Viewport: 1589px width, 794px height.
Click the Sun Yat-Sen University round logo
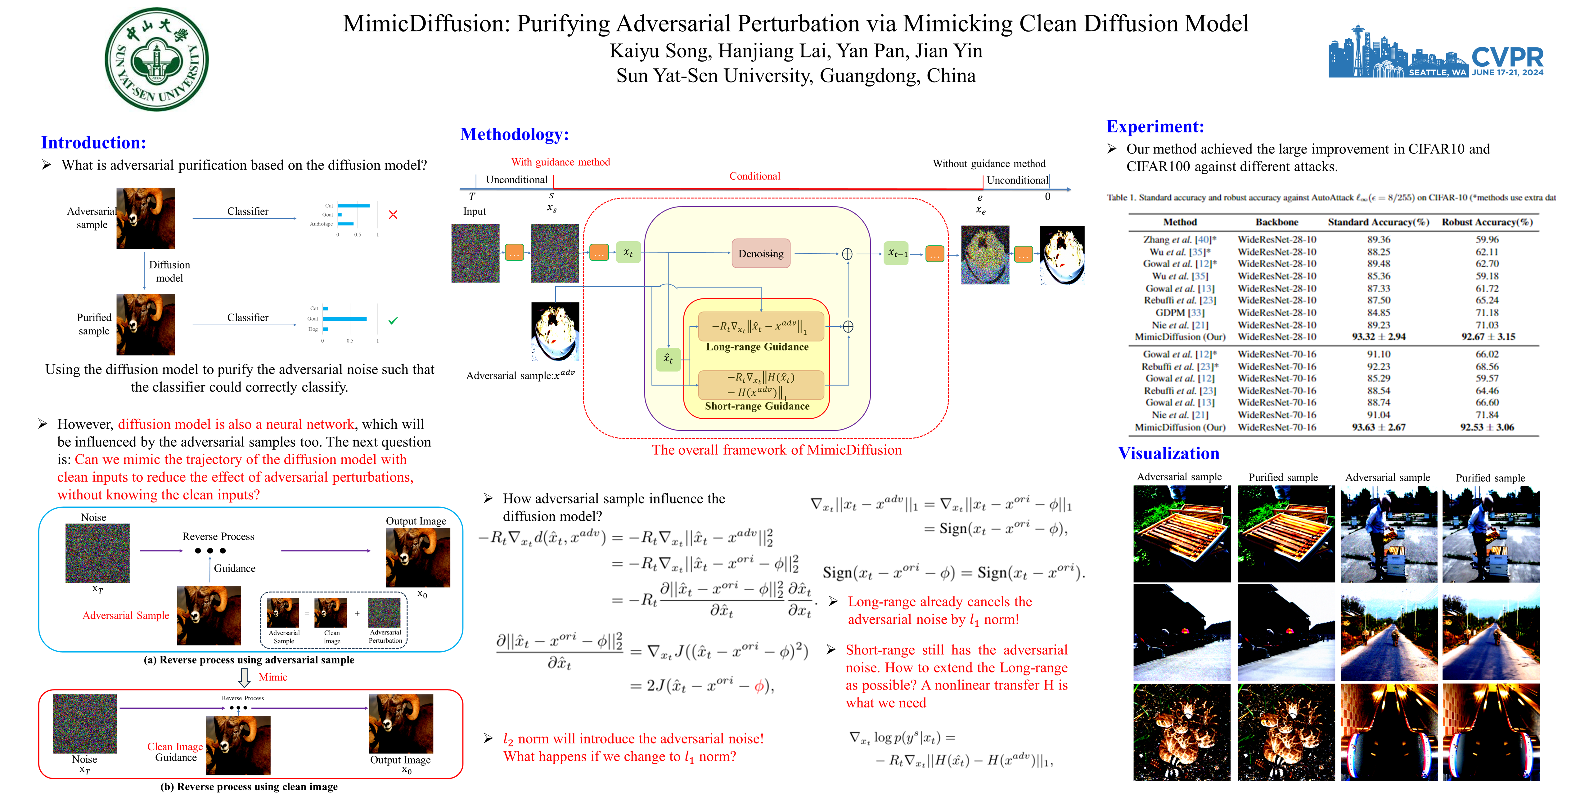[x=157, y=59]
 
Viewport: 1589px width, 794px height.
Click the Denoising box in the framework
[x=761, y=253]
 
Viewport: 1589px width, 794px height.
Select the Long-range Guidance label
[x=757, y=347]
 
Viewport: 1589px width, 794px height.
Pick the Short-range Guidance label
[x=757, y=406]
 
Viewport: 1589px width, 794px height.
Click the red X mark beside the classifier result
[x=393, y=215]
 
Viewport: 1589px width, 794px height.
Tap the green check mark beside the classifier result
[x=393, y=321]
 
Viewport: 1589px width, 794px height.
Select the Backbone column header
[x=1276, y=222]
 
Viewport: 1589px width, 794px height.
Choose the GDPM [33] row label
[x=1179, y=313]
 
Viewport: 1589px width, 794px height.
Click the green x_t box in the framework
[x=628, y=252]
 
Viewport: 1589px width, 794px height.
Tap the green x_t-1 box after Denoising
[x=897, y=253]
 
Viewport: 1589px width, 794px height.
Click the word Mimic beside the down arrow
[x=273, y=677]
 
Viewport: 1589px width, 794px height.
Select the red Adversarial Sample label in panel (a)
[x=126, y=615]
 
